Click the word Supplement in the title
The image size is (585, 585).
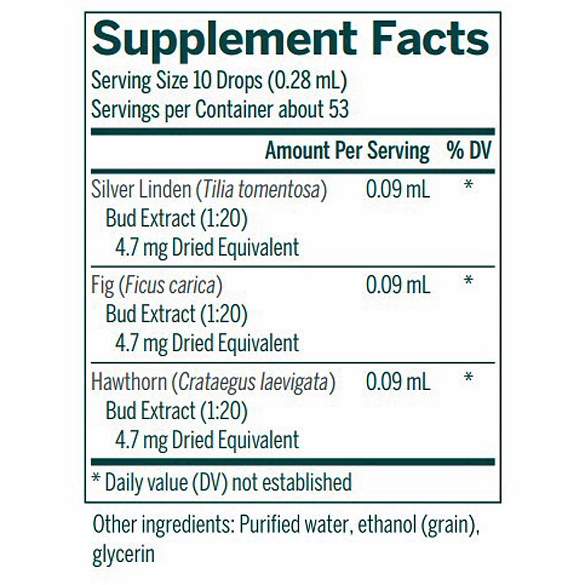coord(225,40)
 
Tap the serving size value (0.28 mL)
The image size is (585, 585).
coord(307,80)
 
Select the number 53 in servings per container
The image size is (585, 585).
coord(338,109)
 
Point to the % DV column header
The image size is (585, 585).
coord(469,150)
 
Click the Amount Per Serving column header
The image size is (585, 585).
coord(347,151)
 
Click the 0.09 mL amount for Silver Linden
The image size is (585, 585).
coord(398,189)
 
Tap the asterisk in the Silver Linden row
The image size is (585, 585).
coord(468,185)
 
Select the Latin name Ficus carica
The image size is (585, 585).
coord(170,286)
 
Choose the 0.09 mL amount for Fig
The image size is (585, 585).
coord(398,285)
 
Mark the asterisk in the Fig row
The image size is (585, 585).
coord(468,280)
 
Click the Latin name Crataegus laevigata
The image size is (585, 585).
coord(253,382)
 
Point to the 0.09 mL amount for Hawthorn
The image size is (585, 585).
coord(398,382)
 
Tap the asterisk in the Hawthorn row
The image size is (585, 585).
coord(468,377)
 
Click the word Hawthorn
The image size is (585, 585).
coord(129,382)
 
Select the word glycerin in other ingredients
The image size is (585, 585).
coord(123,554)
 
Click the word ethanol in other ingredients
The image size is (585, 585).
coord(387,524)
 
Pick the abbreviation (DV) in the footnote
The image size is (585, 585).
coord(210,482)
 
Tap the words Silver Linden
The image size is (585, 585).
coord(141,189)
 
